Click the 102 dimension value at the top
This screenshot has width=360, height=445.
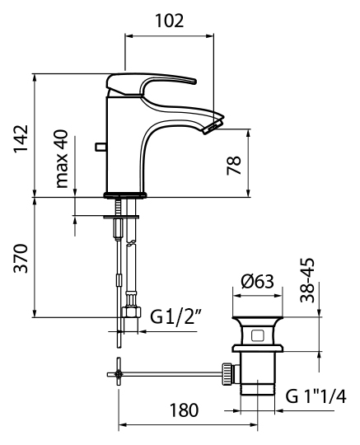coord(170,21)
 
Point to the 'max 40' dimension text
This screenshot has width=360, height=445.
coord(62,159)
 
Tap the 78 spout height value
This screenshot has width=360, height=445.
coord(234,165)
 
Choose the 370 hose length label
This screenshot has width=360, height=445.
coord(21,258)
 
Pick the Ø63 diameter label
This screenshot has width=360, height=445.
coord(257,282)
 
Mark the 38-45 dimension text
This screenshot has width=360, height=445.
coord(307,280)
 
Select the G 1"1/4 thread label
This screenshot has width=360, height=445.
coord(316,396)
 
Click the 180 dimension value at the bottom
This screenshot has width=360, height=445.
coord(184,410)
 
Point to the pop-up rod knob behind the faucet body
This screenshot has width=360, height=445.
coord(101,147)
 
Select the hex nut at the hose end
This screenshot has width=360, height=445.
coord(131,311)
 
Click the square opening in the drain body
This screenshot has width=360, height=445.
coord(258,335)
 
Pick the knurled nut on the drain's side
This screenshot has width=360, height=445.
coord(227,374)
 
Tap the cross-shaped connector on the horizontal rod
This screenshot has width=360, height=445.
coord(119,375)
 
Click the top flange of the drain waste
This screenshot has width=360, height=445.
coord(258,318)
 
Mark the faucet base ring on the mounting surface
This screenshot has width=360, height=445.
coord(125,195)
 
